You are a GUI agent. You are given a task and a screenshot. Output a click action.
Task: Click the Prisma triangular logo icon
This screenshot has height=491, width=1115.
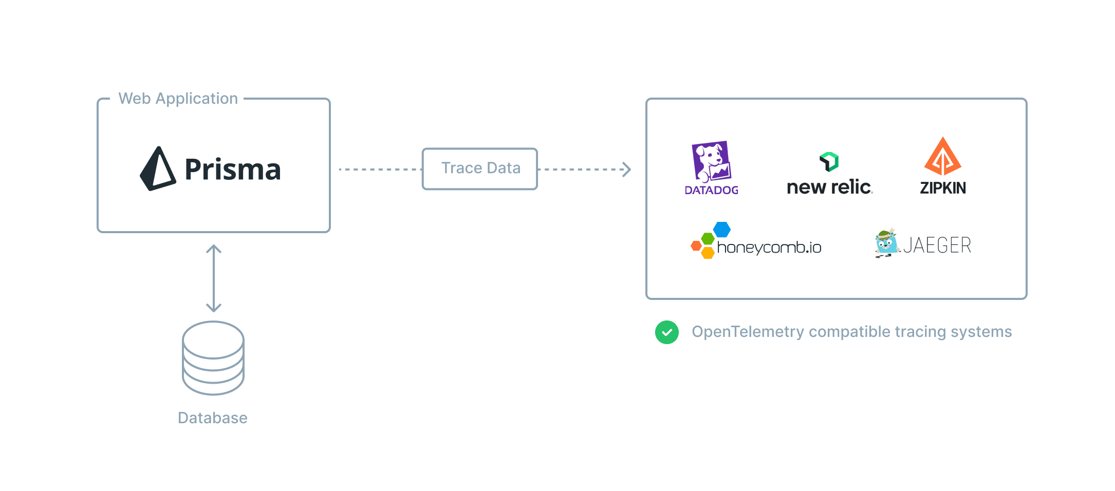pyautogui.click(x=157, y=170)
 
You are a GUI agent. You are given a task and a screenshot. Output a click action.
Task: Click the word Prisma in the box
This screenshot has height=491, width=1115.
pyautogui.click(x=233, y=169)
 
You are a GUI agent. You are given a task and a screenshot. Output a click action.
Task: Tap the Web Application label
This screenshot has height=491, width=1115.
pyautogui.click(x=178, y=99)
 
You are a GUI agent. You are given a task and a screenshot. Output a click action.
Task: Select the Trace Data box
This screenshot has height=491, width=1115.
pyautogui.click(x=480, y=168)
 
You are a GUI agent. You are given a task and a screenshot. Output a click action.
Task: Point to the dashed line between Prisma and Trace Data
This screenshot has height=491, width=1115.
pyautogui.click(x=380, y=169)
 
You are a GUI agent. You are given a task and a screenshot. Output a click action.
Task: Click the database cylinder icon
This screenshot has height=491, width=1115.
pyautogui.click(x=213, y=358)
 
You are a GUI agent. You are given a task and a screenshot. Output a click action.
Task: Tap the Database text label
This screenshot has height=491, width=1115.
pyautogui.click(x=213, y=418)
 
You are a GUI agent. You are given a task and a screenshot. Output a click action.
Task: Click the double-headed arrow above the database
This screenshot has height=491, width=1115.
pyautogui.click(x=214, y=278)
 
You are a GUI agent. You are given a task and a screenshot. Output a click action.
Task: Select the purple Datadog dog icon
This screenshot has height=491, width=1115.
pyautogui.click(x=712, y=161)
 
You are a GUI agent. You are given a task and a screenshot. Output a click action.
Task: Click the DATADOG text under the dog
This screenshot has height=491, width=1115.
pyautogui.click(x=712, y=191)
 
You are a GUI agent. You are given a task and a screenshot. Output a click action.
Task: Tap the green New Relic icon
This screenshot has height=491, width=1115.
pyautogui.click(x=829, y=161)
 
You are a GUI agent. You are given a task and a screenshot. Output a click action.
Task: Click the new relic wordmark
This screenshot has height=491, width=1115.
pyautogui.click(x=829, y=187)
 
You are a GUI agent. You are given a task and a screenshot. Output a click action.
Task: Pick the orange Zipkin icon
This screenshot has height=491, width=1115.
pyautogui.click(x=943, y=157)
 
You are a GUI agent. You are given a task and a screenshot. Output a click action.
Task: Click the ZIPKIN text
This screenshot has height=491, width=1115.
pyautogui.click(x=943, y=188)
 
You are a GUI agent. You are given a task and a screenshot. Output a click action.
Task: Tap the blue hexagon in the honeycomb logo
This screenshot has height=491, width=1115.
pyautogui.click(x=722, y=230)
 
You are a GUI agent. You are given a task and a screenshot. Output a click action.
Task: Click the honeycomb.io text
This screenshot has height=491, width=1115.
pyautogui.click(x=769, y=248)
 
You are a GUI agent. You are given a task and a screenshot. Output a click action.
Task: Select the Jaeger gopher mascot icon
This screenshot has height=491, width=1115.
pyautogui.click(x=886, y=243)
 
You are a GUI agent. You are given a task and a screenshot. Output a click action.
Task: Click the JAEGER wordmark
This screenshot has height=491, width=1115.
pyautogui.click(x=937, y=245)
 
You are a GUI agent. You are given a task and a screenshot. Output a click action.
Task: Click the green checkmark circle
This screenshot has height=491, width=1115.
pyautogui.click(x=667, y=332)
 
